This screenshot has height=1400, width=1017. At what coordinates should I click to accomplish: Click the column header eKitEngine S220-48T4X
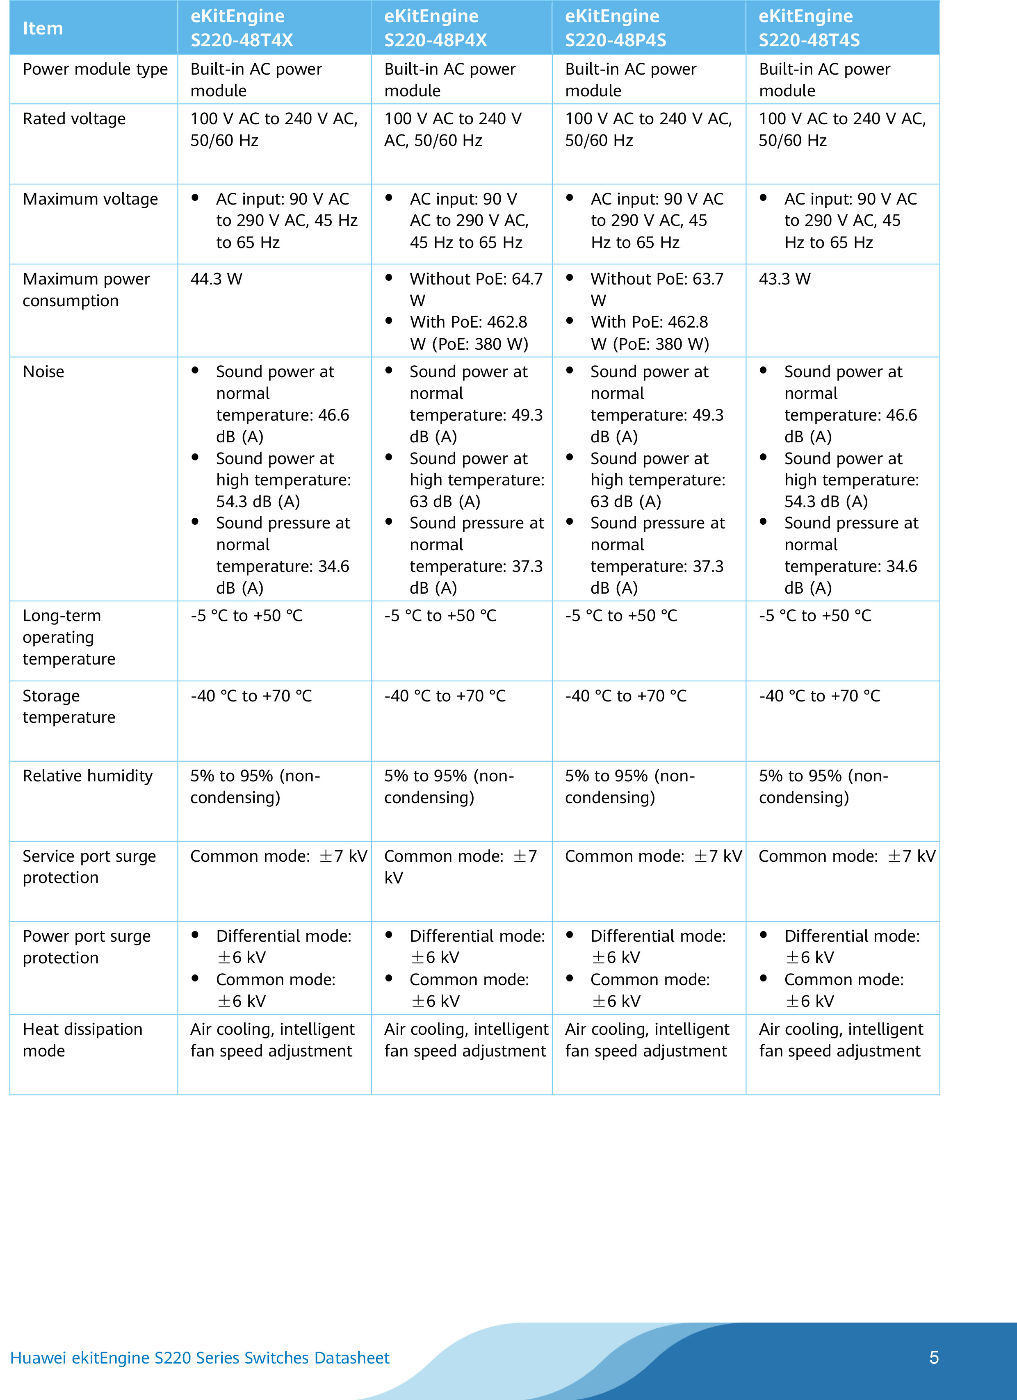[242, 28]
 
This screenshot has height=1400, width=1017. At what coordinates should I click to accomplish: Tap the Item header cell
[43, 28]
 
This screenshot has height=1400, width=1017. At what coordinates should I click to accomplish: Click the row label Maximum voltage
[90, 199]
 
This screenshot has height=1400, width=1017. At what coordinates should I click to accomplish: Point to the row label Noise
[43, 371]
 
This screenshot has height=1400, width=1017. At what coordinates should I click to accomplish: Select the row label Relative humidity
[88, 776]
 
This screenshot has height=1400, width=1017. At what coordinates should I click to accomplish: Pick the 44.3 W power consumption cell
[216, 279]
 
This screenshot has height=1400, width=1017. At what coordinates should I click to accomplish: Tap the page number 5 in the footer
[934, 1357]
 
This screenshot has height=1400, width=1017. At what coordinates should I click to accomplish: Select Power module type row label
[95, 69]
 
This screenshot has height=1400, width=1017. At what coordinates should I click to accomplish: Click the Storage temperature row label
[68, 706]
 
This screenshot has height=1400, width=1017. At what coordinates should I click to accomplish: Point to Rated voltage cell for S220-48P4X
[453, 130]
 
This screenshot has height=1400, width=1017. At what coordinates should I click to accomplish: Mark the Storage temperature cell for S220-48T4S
[819, 696]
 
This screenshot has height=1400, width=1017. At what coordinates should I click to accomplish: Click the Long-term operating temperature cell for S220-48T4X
[246, 616]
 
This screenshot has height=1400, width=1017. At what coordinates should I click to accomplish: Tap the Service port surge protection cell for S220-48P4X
[460, 867]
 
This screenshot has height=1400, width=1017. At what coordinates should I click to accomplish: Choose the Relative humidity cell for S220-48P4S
[630, 786]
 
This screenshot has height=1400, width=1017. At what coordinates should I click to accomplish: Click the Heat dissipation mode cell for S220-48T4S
[840, 1040]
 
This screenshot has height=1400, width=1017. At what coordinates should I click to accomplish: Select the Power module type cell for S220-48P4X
[449, 80]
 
